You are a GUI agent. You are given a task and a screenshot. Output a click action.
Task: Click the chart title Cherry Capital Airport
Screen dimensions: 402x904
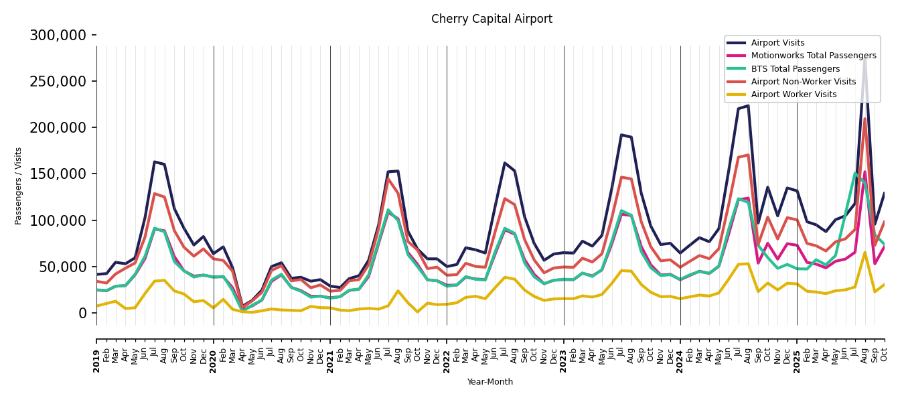click(x=492, y=19)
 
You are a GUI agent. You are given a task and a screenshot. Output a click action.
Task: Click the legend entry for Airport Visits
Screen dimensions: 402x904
click(x=777, y=43)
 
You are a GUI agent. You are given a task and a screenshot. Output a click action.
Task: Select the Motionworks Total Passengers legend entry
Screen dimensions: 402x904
click(x=813, y=56)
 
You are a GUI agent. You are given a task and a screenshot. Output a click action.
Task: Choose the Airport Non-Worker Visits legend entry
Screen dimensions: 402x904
click(x=803, y=82)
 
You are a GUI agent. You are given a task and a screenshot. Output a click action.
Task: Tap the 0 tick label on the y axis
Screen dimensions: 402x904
click(x=83, y=313)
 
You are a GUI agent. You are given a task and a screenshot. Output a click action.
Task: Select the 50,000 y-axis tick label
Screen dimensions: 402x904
click(x=61, y=267)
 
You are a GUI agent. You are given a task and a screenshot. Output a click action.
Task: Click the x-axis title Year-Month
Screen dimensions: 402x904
click(x=490, y=382)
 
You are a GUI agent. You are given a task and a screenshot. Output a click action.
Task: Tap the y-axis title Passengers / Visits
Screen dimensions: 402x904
click(x=19, y=186)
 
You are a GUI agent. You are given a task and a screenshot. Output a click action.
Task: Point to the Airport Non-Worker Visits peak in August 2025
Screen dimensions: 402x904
click(x=864, y=119)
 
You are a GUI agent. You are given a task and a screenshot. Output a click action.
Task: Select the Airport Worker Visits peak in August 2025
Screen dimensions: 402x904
click(x=864, y=253)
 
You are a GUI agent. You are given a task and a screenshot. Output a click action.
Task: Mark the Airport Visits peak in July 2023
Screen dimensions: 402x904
click(x=621, y=135)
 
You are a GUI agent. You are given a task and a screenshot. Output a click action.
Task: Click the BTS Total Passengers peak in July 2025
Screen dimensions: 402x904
click(x=855, y=174)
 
